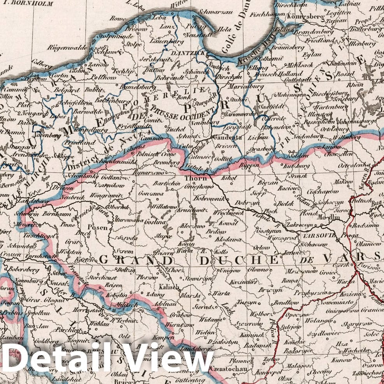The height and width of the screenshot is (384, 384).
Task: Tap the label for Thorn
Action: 193,178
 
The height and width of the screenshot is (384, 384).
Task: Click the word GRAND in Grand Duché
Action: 131,260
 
